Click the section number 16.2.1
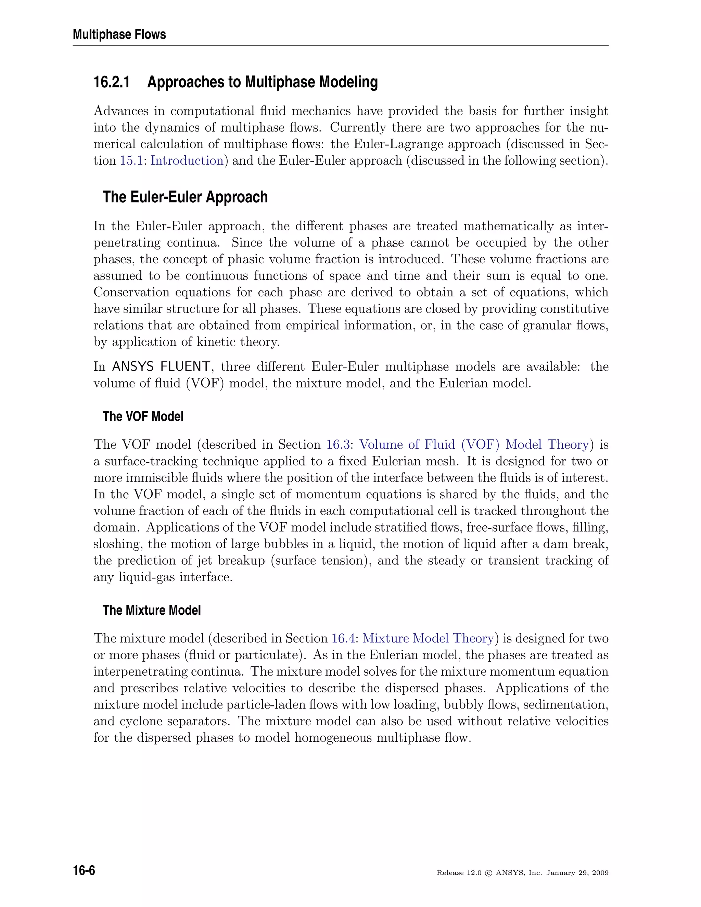(x=111, y=82)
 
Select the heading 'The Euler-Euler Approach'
(x=185, y=197)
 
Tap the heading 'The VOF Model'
(x=143, y=416)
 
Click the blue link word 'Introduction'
(x=187, y=161)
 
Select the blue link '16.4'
(x=343, y=638)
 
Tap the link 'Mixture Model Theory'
(x=428, y=638)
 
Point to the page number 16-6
(x=84, y=870)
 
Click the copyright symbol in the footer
(x=489, y=873)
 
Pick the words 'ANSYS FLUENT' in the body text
(x=161, y=367)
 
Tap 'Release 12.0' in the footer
(x=458, y=873)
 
